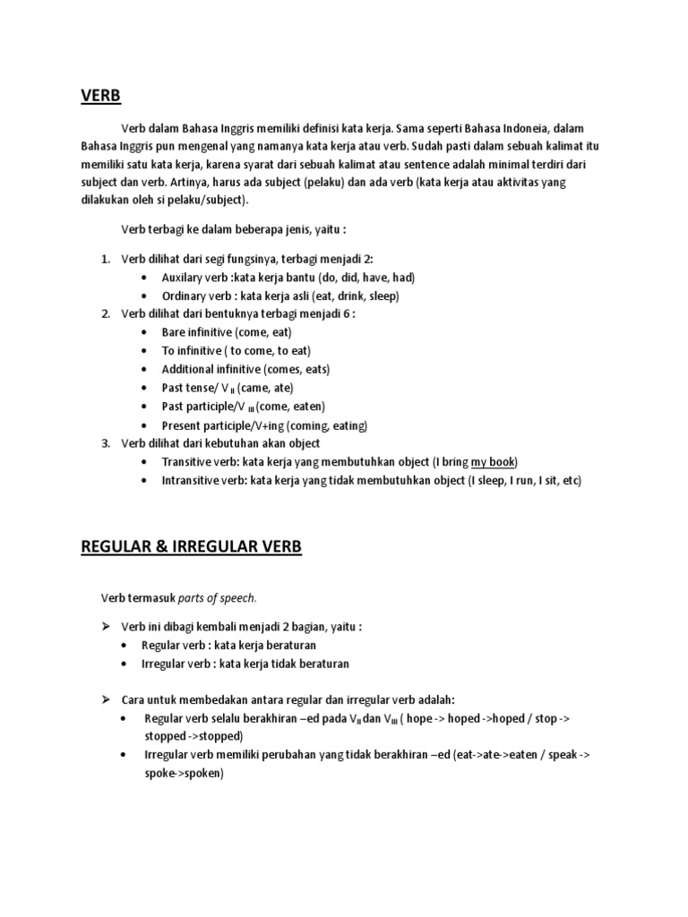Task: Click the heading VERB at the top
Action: point(100,96)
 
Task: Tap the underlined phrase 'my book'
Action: point(493,461)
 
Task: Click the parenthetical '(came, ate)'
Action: point(266,388)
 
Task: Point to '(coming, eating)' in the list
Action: point(326,424)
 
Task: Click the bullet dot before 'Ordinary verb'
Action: point(145,296)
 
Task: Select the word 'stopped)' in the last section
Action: point(193,736)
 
